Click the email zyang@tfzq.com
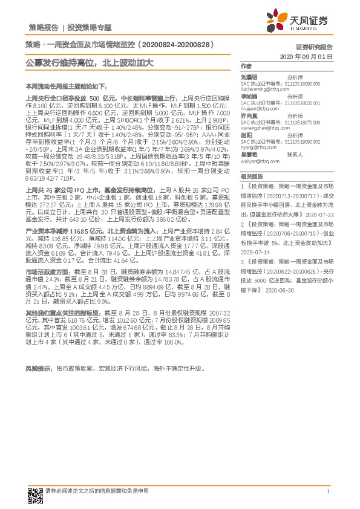point(256,146)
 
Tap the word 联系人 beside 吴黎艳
point(295,155)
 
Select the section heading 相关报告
point(250,177)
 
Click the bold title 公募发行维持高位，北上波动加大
point(89,62)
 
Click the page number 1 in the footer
point(327,492)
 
